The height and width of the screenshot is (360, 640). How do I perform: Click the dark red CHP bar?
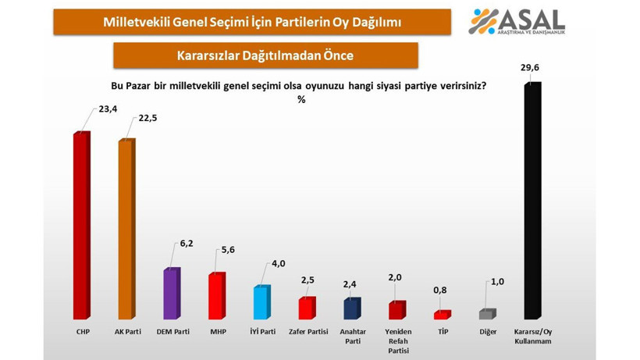click(x=81, y=226)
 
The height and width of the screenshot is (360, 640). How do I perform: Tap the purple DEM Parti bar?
click(x=172, y=294)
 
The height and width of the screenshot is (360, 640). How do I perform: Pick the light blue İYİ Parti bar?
click(x=262, y=303)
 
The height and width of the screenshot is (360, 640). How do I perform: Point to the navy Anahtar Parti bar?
click(x=352, y=309)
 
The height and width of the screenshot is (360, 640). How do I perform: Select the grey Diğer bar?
click(x=487, y=314)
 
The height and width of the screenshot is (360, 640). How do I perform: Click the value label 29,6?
click(x=532, y=69)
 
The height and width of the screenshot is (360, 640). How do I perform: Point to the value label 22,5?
click(x=150, y=118)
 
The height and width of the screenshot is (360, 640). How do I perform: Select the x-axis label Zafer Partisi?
click(x=307, y=332)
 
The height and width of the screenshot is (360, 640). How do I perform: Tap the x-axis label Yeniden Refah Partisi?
click(x=397, y=340)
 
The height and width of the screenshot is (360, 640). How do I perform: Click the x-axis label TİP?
click(x=443, y=332)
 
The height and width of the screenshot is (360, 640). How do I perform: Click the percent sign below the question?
click(x=300, y=99)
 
